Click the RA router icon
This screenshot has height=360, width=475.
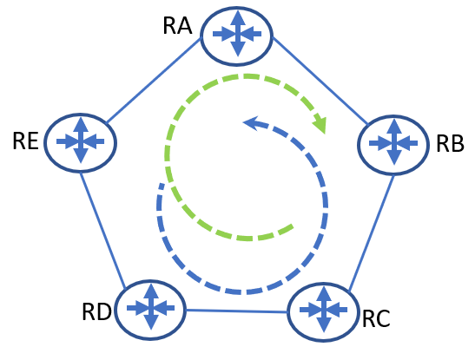click(237, 36)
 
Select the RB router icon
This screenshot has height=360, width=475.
click(393, 145)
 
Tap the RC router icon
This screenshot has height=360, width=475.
click(323, 312)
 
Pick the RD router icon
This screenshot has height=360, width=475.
click(150, 310)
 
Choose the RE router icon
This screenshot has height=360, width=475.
click(80, 143)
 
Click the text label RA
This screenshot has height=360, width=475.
click(177, 26)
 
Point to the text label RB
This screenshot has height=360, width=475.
click(450, 143)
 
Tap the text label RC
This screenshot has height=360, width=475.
click(376, 319)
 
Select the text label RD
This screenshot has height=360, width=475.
click(96, 311)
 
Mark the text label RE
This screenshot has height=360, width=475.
click(26, 141)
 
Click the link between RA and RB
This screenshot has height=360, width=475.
click(320, 81)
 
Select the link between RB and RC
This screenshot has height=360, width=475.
click(372, 233)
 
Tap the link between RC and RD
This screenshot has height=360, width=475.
click(236, 311)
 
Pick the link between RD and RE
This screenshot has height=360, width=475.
click(102, 230)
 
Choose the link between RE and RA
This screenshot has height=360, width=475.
click(154, 80)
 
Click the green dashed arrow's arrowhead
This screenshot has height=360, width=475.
click(320, 123)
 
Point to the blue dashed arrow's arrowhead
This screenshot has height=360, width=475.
click(252, 123)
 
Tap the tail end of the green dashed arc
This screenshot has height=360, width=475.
click(292, 226)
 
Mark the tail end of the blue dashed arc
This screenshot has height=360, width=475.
click(162, 185)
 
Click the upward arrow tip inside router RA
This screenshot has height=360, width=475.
click(238, 11)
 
